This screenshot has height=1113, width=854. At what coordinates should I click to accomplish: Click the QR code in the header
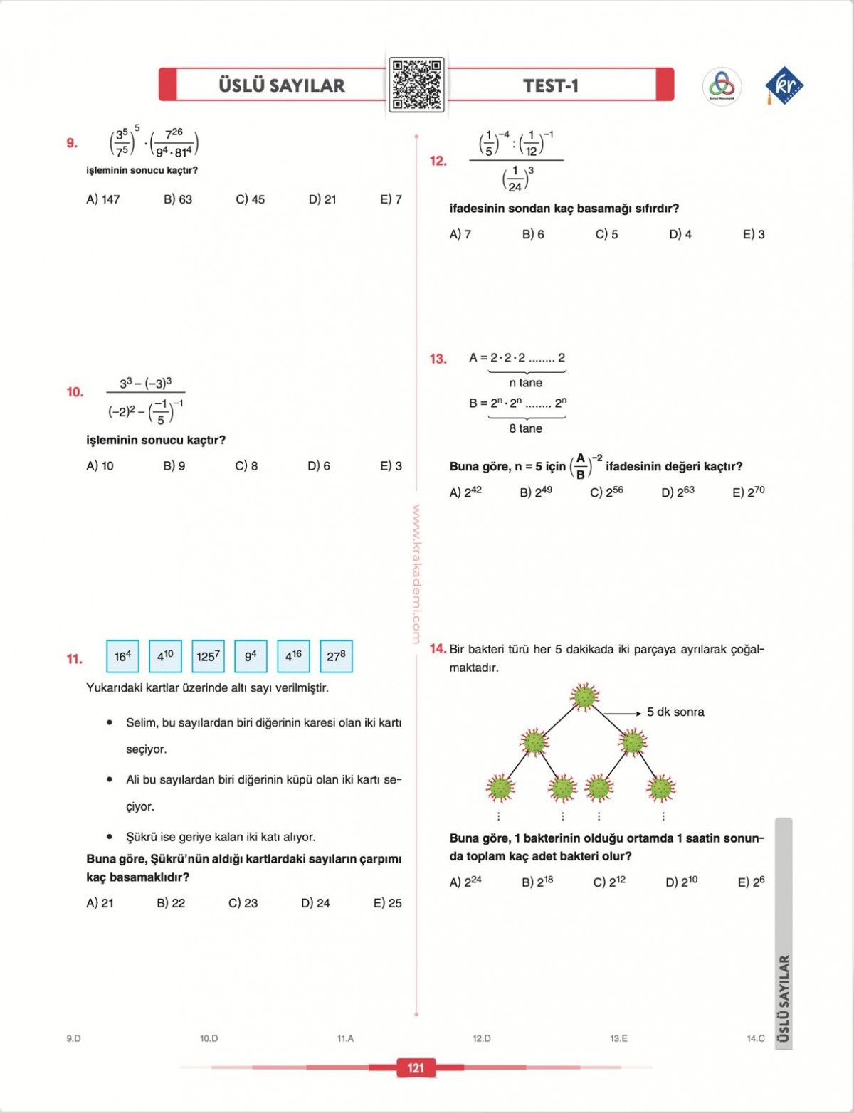416,85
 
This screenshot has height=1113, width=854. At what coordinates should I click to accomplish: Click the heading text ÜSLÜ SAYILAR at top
281,85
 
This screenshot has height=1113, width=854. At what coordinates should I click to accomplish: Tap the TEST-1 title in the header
551,85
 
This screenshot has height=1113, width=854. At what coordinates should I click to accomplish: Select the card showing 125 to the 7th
208,656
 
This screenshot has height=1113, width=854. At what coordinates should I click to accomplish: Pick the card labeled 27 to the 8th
336,656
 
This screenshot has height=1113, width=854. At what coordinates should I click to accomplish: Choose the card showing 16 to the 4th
122,656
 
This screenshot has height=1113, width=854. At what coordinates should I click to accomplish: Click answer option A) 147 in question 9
103,199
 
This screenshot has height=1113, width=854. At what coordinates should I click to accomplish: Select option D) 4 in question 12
680,234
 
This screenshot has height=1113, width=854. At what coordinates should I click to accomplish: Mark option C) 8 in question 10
246,466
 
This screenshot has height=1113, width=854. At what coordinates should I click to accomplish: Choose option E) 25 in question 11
387,903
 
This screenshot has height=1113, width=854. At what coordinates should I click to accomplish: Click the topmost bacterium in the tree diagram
584,697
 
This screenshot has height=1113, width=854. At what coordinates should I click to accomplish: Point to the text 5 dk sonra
675,712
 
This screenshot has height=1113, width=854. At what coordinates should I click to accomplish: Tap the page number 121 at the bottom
416,1067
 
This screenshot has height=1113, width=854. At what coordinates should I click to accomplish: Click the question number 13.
438,359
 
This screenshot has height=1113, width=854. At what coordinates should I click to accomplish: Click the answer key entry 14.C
755,1038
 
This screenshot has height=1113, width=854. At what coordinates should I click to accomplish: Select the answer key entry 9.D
73,1038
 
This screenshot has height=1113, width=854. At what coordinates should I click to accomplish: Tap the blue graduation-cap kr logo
784,85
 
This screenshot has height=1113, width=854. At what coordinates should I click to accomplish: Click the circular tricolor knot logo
722,86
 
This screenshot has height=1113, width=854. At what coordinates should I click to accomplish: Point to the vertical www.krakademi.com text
416,574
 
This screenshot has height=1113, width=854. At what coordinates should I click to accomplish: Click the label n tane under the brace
526,383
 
